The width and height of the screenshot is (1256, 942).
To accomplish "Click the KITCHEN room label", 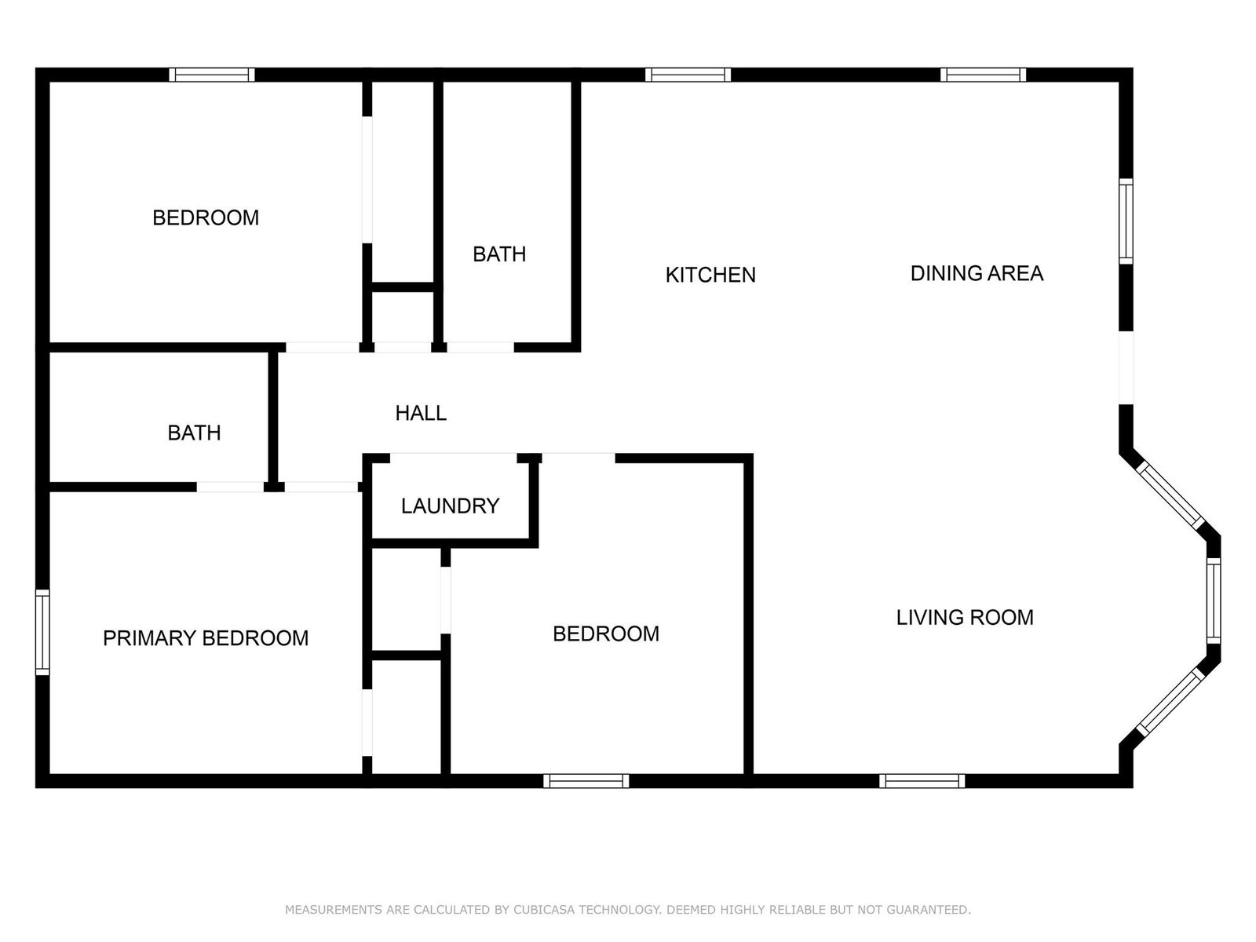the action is [x=710, y=275].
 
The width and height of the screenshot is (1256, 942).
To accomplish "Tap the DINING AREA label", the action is [x=977, y=273].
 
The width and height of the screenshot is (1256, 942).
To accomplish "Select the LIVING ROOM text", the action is [x=965, y=618].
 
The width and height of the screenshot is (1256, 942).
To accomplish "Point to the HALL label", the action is [x=421, y=413].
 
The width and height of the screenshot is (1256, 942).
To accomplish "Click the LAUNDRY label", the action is [x=451, y=506].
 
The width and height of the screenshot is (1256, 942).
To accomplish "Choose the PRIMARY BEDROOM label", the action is [x=206, y=638].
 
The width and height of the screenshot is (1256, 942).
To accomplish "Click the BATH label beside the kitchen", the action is [x=499, y=254].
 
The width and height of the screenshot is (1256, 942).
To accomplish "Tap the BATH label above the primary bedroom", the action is [x=194, y=433].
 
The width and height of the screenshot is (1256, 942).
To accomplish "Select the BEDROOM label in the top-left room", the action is [x=206, y=218].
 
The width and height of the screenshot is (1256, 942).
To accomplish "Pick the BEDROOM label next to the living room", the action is [x=606, y=633].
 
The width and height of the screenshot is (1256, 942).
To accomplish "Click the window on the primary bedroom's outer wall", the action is [x=42, y=632].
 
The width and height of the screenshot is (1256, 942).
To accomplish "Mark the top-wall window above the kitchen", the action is [x=688, y=75].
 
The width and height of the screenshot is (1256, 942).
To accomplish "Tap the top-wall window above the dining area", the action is [x=983, y=75].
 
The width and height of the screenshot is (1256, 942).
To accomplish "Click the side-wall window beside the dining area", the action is [x=1126, y=221].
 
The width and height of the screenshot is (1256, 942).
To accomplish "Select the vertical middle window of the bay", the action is [x=1214, y=601].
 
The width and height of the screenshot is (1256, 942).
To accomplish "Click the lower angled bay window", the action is [x=1171, y=703].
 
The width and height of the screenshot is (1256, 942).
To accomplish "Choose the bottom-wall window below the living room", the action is [x=922, y=781].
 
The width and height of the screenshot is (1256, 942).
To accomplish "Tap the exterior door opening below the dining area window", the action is [x=1126, y=367].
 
